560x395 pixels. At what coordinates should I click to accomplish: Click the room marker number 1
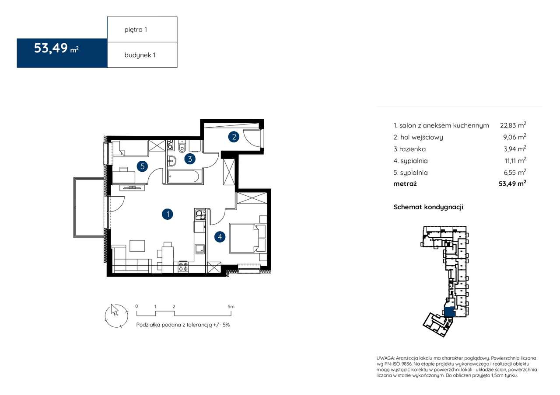pyautogui.click(x=168, y=214)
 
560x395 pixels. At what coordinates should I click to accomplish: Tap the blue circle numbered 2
pyautogui.click(x=234, y=137)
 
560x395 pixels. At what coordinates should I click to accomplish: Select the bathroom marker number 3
pyautogui.click(x=190, y=159)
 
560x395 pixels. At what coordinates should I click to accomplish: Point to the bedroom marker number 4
pyautogui.click(x=220, y=237)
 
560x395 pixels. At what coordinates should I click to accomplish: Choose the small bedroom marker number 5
pyautogui.click(x=143, y=166)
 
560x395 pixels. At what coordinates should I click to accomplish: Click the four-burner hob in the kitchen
pyautogui.click(x=183, y=267)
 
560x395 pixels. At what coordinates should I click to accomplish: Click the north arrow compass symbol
pyautogui.click(x=116, y=315)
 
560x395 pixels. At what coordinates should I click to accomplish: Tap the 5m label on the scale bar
pyautogui.click(x=231, y=306)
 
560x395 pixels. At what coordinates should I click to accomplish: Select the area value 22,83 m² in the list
pyautogui.click(x=513, y=125)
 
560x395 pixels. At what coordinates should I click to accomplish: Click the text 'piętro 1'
pyautogui.click(x=136, y=30)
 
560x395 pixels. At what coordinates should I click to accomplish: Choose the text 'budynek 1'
pyautogui.click(x=140, y=55)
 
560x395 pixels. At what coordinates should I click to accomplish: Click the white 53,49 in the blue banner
pyautogui.click(x=51, y=48)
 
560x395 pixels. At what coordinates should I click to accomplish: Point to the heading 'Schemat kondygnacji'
pyautogui.click(x=428, y=207)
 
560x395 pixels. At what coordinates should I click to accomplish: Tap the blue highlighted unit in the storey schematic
pyautogui.click(x=448, y=312)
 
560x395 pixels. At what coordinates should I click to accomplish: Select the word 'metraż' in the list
pyautogui.click(x=405, y=184)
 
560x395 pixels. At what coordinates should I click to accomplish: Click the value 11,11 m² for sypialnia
pyautogui.click(x=515, y=160)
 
